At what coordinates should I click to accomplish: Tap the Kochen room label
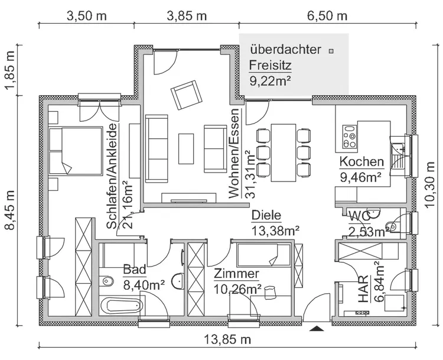361,162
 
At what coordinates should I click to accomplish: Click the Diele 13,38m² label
275,223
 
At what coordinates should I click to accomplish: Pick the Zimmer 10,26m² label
237,281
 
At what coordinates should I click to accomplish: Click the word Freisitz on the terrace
270,64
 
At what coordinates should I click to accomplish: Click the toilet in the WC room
392,225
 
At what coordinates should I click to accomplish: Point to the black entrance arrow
317,326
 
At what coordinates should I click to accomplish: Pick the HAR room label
363,289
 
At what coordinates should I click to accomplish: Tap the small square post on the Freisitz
331,51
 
